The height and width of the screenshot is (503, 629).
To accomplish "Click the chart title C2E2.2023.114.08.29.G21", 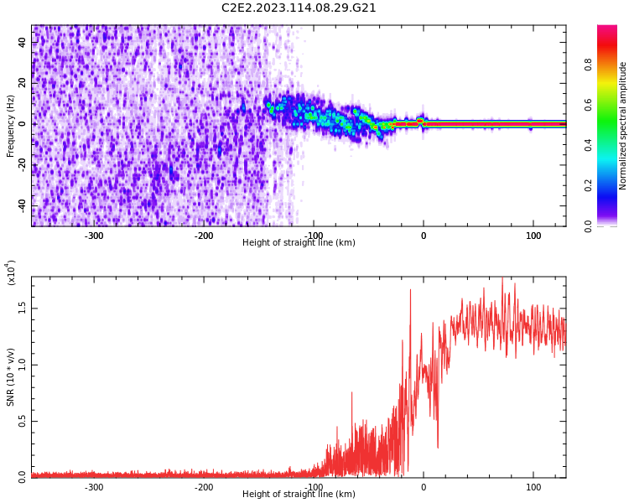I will click(299, 8).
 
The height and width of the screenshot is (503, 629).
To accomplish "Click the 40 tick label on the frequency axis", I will click(23, 42).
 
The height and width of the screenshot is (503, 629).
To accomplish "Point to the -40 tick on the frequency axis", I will click(23, 205).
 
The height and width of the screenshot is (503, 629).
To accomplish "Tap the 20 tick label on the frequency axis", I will click(23, 83).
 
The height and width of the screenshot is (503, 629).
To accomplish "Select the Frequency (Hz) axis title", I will click(11, 126).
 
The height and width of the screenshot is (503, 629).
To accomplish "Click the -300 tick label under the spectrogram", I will click(94, 236).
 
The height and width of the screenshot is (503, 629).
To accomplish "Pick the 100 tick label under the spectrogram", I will click(533, 236).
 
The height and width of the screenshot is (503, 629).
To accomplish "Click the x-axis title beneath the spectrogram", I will click(299, 243).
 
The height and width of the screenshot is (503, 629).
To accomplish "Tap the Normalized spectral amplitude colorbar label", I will click(623, 126).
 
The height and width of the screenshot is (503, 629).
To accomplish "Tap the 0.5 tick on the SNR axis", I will click(23, 421).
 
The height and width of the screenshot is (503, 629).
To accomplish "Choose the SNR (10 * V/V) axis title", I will click(11, 377).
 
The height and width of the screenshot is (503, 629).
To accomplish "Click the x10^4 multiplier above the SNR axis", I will click(11, 272).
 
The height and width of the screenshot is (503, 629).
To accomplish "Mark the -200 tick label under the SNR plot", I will click(204, 487).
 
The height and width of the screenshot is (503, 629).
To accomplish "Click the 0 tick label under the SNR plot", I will click(423, 487).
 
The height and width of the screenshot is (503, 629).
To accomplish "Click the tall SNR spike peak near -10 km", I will click(410, 290).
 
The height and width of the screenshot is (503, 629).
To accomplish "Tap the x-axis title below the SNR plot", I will click(299, 495).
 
